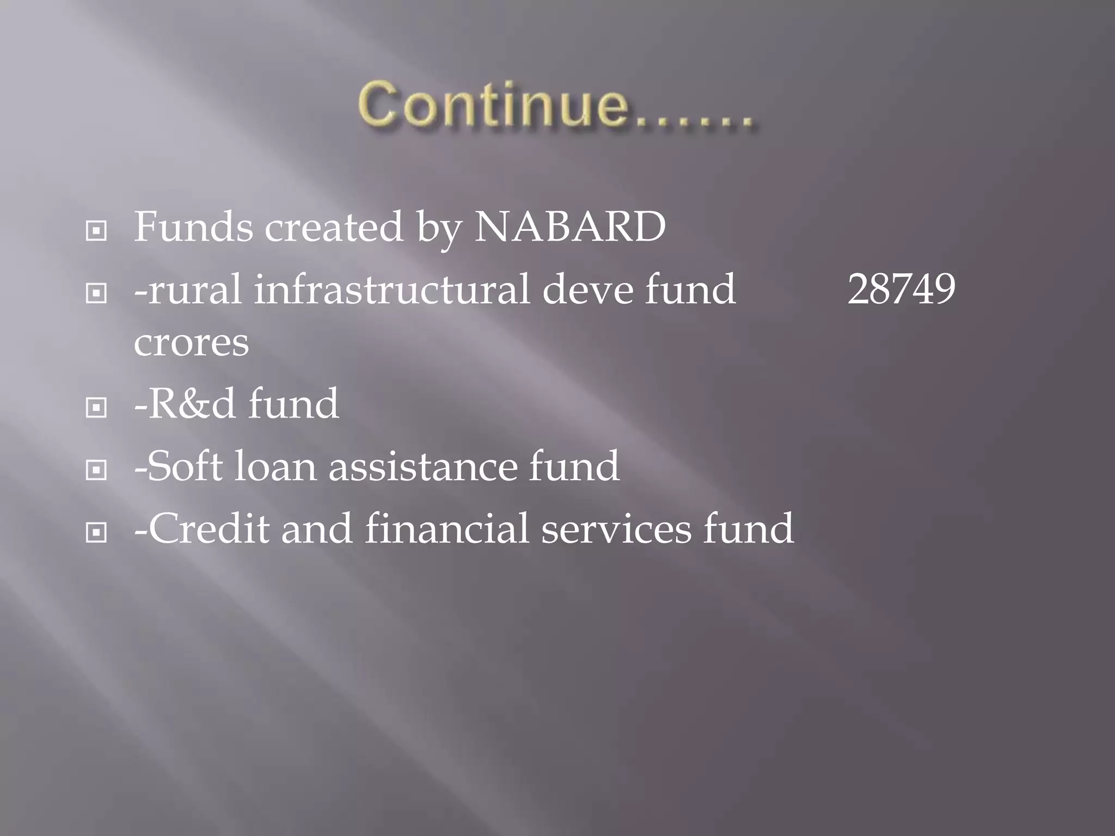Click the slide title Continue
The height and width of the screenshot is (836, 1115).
pyautogui.click(x=555, y=104)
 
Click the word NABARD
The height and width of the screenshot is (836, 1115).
pyautogui.click(x=570, y=226)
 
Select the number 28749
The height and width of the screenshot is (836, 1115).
pyautogui.click(x=901, y=289)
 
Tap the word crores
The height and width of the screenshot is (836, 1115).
pyautogui.click(x=191, y=343)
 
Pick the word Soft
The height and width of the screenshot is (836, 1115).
pyautogui.click(x=184, y=466)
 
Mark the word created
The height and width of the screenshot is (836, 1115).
pyautogui.click(x=334, y=226)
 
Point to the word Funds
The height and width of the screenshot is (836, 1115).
pyautogui.click(x=193, y=226)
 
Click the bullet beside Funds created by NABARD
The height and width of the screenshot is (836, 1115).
pyautogui.click(x=96, y=231)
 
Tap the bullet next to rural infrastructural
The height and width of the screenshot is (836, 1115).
pyautogui.click(x=96, y=294)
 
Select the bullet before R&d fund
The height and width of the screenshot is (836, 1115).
pyautogui.click(x=96, y=408)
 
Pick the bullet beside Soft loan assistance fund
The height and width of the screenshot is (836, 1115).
pyautogui.click(x=96, y=470)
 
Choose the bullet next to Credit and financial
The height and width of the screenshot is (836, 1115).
pyautogui.click(x=96, y=533)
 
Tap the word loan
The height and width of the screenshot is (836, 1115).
pyautogui.click(x=275, y=466)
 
